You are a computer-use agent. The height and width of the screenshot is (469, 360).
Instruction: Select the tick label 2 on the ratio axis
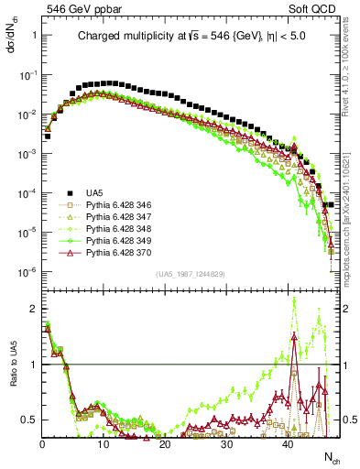click(33, 309)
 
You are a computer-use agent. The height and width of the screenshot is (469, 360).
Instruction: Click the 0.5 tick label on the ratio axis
click(29, 420)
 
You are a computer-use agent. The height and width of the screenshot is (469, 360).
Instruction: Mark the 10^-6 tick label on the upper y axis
click(27, 271)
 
